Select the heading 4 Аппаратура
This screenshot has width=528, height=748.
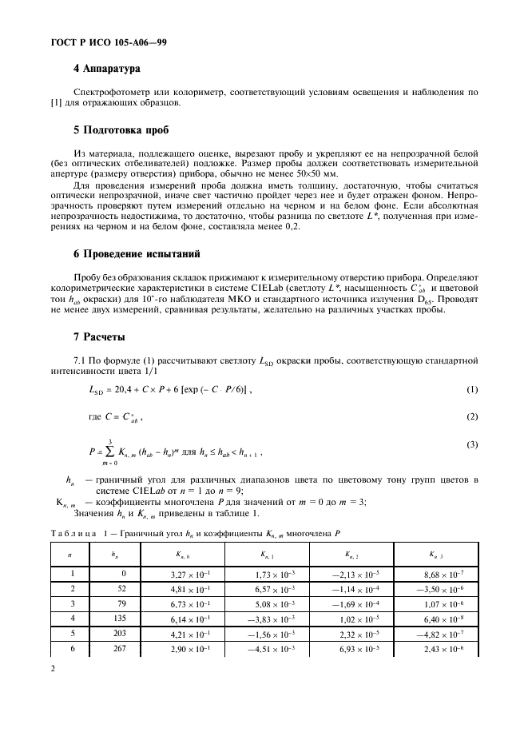pyautogui.click(x=106, y=70)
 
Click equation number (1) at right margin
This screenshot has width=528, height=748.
pyautogui.click(x=471, y=390)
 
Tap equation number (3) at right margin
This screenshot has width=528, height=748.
pyautogui.click(x=471, y=443)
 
